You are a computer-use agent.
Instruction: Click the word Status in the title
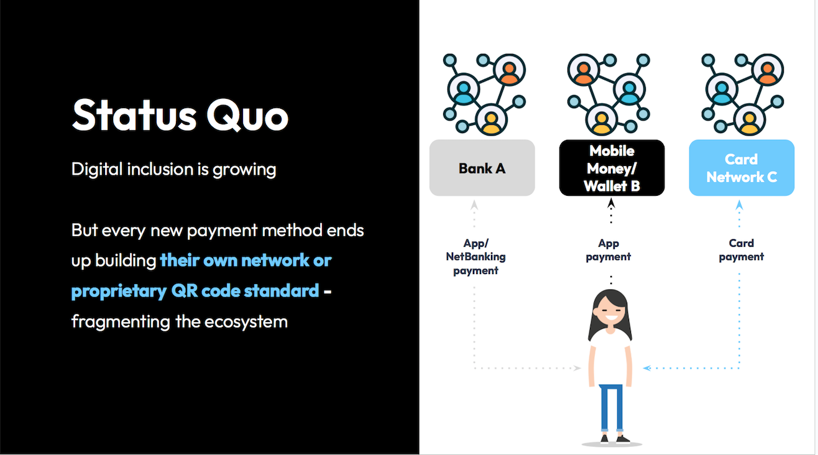pyautogui.click(x=134, y=115)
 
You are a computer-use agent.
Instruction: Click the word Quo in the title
pyautogui.click(x=247, y=116)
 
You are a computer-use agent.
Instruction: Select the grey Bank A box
pyautogui.click(x=482, y=168)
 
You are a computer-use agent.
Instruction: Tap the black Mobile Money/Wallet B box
pyautogui.click(x=612, y=168)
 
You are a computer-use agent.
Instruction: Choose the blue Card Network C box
pyautogui.click(x=742, y=168)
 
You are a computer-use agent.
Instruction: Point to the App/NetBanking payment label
pyautogui.click(x=476, y=257)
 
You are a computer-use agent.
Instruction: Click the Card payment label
pyautogui.click(x=741, y=250)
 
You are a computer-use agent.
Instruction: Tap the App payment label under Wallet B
pyautogui.click(x=609, y=250)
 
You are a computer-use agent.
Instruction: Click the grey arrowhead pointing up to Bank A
pyautogui.click(x=474, y=205)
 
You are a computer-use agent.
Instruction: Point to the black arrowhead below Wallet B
pyautogui.click(x=611, y=203)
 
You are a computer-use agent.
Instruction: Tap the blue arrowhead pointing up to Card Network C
pyautogui.click(x=740, y=205)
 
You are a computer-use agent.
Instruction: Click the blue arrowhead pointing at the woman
pyautogui.click(x=647, y=368)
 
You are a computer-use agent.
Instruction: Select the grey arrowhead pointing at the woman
pyautogui.click(x=577, y=368)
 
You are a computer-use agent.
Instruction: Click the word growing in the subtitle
pyautogui.click(x=244, y=170)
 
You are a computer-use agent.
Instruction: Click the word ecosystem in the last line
pyautogui.click(x=246, y=323)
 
